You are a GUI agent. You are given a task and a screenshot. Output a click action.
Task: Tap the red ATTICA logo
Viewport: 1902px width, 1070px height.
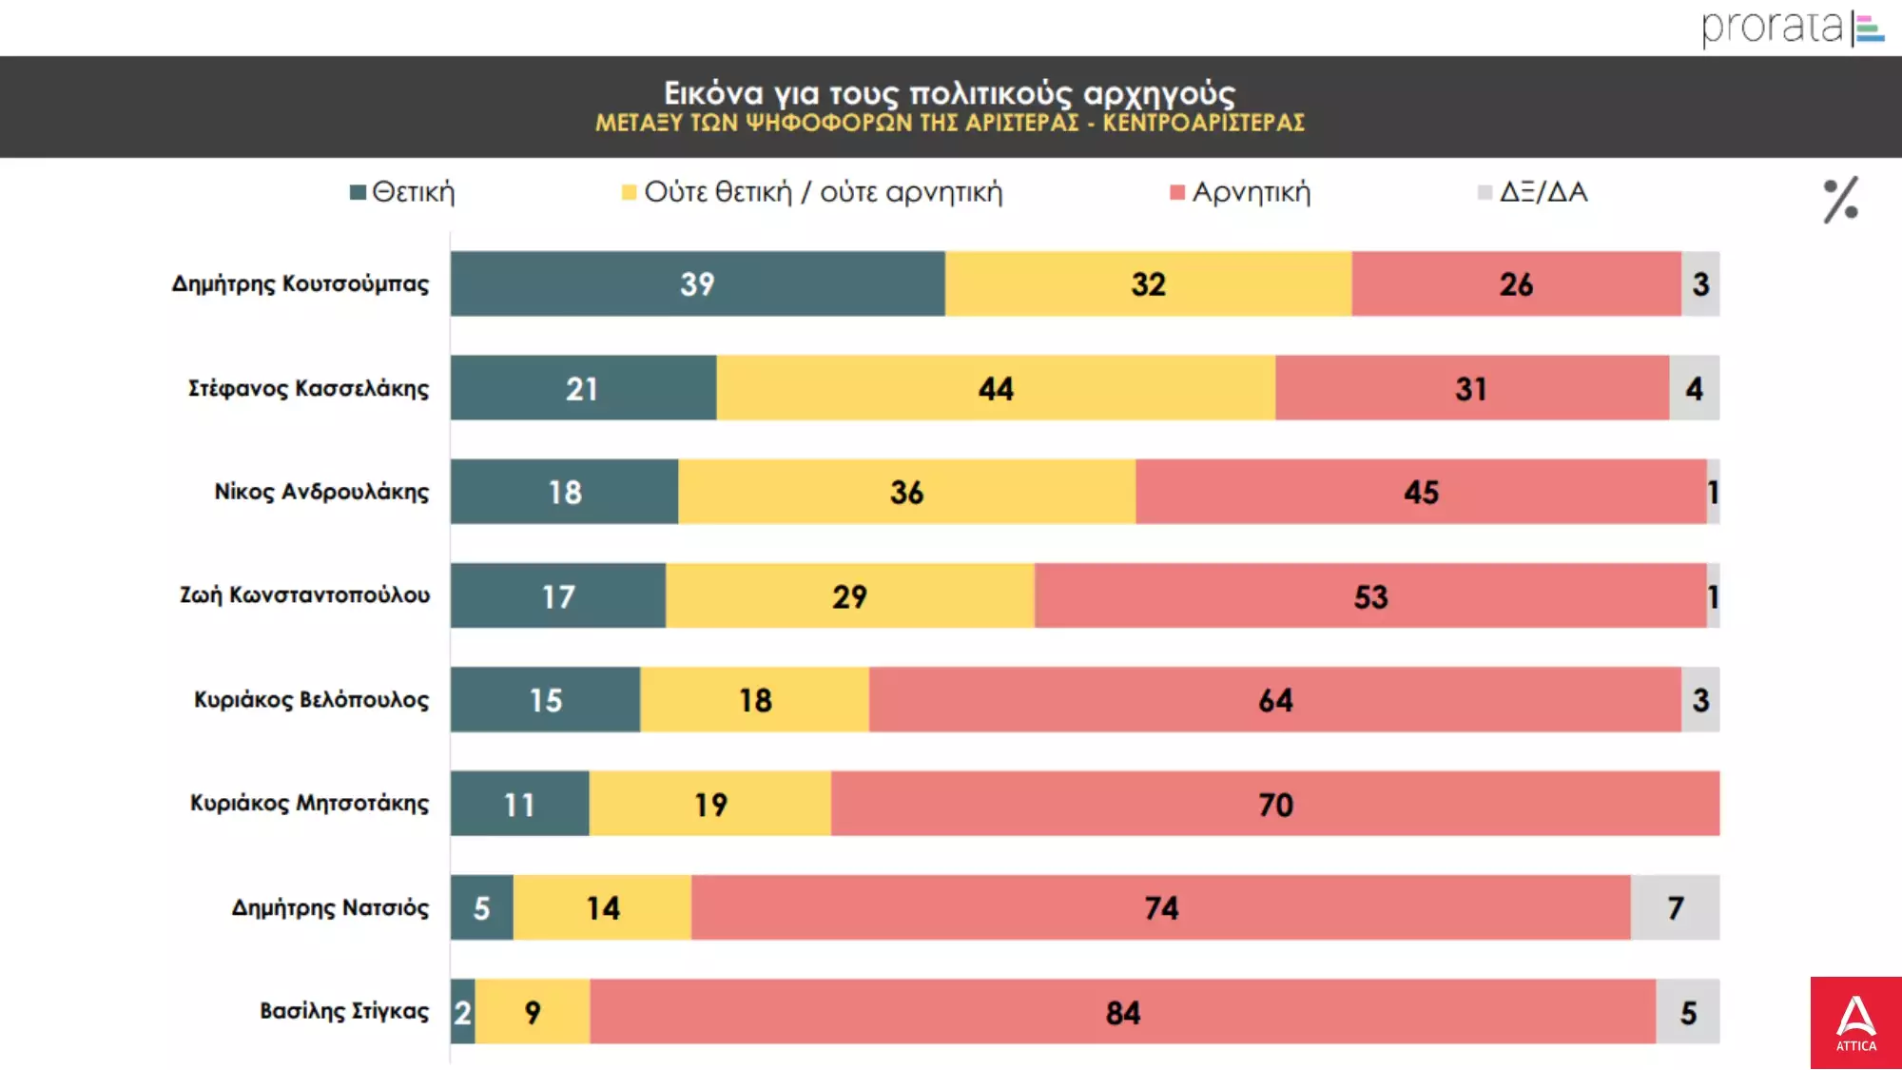[1855, 1022]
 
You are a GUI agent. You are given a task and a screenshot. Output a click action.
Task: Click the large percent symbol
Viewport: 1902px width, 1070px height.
[1840, 200]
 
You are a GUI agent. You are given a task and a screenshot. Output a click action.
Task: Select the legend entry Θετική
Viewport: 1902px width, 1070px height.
[403, 192]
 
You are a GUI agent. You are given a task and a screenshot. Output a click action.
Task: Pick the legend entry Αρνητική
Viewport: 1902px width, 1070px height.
[1241, 192]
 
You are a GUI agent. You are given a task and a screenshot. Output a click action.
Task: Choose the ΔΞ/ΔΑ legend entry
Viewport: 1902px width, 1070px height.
[1533, 192]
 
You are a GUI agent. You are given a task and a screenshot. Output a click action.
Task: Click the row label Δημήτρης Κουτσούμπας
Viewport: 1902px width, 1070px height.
[300, 283]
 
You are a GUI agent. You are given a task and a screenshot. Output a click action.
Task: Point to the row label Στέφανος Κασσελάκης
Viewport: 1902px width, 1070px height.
[308, 388]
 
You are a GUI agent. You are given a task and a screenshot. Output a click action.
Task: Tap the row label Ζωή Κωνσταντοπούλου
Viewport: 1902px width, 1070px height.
[304, 595]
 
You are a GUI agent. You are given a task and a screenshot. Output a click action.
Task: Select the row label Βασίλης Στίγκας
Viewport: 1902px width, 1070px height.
[343, 1011]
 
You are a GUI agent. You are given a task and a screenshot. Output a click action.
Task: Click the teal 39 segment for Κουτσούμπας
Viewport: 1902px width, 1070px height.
[697, 283]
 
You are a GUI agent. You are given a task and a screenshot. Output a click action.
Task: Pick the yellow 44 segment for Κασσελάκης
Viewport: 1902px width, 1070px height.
[996, 388]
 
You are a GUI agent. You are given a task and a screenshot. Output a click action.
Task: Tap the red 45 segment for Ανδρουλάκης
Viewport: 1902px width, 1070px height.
[1421, 492]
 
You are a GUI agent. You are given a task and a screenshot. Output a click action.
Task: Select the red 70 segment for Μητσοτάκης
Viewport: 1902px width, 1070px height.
[1274, 804]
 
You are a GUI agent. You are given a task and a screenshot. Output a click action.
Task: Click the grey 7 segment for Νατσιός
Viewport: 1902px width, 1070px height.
[1675, 907]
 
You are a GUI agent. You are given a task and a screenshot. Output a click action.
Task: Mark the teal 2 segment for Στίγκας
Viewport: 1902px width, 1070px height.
[463, 1012]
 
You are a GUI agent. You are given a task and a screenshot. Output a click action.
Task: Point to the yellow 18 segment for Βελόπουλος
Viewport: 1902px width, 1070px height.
[755, 700]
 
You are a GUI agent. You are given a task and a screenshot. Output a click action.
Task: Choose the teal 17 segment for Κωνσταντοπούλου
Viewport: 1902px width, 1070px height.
[558, 596]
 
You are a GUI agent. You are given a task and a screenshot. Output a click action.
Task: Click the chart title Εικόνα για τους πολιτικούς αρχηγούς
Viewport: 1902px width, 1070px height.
[949, 93]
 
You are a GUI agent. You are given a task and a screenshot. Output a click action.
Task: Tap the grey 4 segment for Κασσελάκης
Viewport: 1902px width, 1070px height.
[1694, 388]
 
